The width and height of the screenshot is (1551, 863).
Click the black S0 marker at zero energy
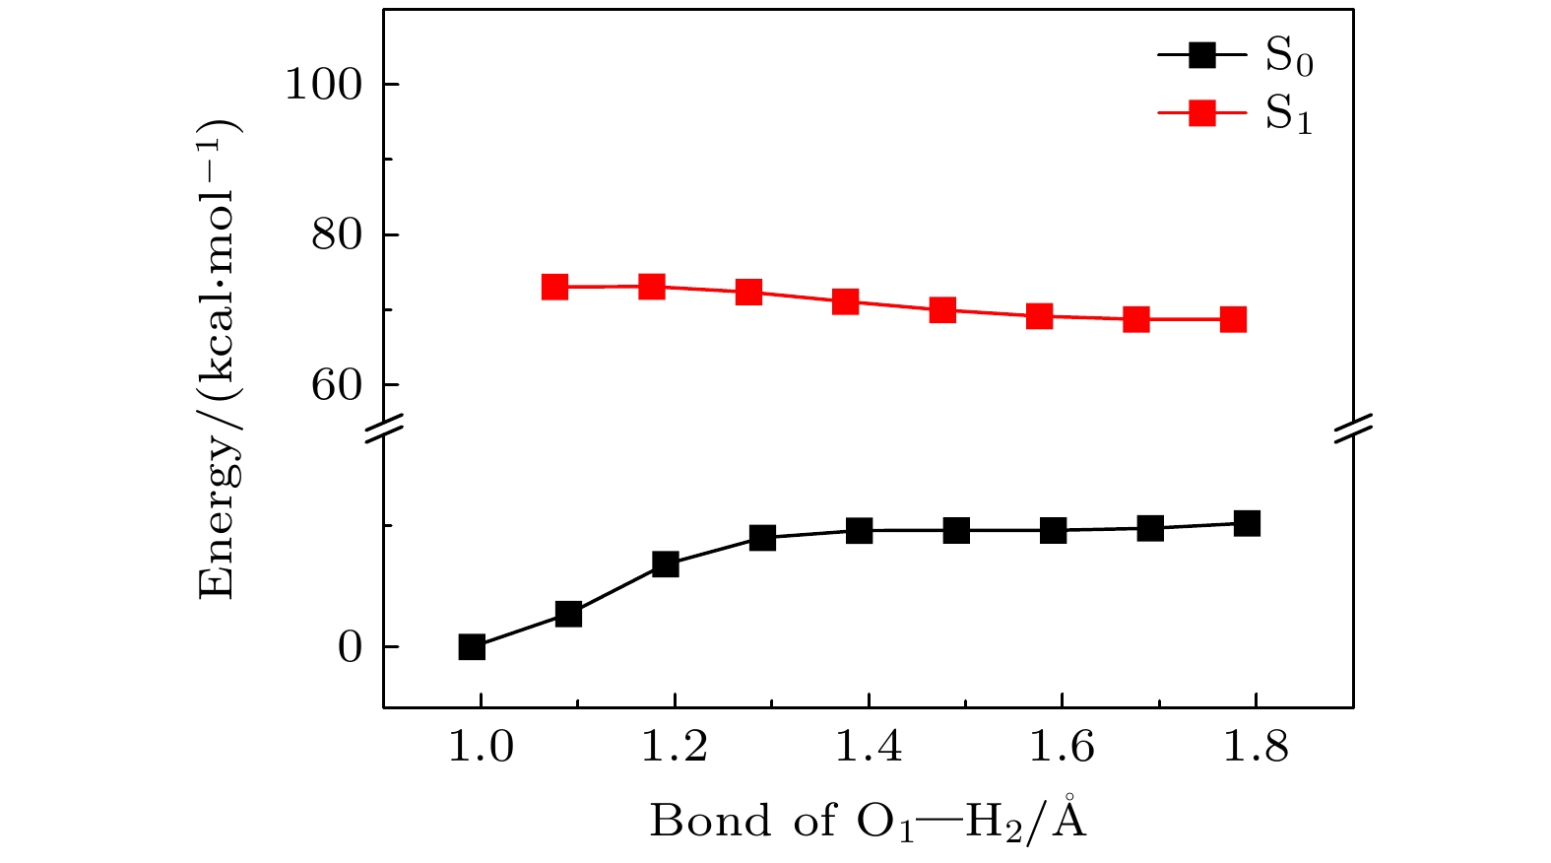point(472,647)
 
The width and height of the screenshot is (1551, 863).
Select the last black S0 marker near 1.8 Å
point(1247,523)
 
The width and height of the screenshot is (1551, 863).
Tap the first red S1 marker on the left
point(555,287)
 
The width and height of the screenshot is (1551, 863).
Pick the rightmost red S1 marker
point(1233,319)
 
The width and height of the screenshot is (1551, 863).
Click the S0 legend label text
point(1288,58)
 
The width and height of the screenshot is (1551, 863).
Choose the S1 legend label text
point(1288,115)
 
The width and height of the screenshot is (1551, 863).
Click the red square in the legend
point(1202,114)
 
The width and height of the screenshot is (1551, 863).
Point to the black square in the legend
point(1202,56)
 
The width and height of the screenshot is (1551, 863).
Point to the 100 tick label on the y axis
point(324,85)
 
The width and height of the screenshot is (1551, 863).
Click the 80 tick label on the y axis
point(337,235)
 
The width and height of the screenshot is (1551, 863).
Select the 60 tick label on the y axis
point(337,385)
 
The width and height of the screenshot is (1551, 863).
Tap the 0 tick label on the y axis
point(351,647)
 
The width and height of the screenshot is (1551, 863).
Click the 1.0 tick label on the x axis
point(481,748)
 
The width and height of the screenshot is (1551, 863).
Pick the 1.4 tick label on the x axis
point(869,748)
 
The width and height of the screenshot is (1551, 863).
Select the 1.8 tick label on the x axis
point(1256,748)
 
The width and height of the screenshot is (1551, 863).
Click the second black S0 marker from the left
point(568,614)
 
